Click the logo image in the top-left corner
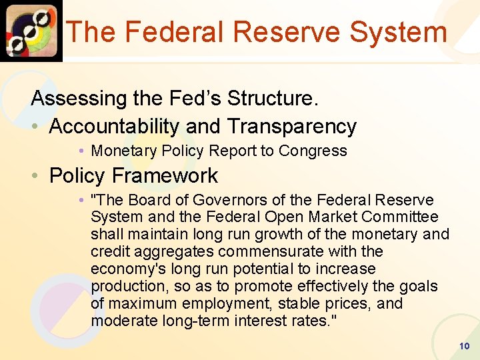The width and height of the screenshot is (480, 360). coord(31,31)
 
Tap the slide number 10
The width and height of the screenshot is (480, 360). coord(465,347)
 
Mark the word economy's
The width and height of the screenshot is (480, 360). coord(122,269)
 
